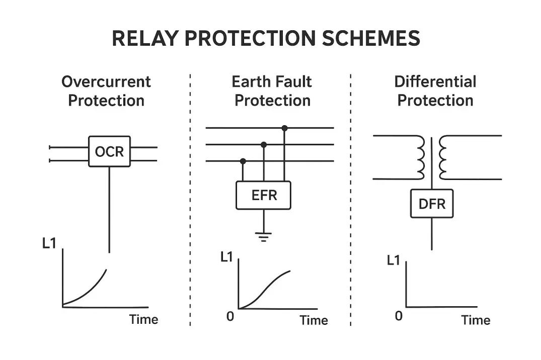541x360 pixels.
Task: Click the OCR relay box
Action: (x=109, y=151)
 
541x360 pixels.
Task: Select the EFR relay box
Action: (x=264, y=195)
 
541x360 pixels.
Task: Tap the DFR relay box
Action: (x=432, y=204)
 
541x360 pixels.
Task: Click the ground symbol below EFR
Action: (x=263, y=237)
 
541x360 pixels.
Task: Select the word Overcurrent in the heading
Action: (x=106, y=81)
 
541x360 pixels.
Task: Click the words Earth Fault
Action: (x=272, y=81)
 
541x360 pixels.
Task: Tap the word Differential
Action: (x=435, y=81)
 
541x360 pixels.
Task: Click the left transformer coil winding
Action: (x=419, y=156)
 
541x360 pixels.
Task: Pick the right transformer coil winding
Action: (x=443, y=156)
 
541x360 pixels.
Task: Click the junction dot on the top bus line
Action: (x=285, y=128)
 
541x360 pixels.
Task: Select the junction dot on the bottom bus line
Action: (x=243, y=161)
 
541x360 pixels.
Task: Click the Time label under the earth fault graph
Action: (x=314, y=320)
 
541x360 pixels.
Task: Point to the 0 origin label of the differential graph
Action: (x=399, y=316)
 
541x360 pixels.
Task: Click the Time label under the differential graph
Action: (x=476, y=320)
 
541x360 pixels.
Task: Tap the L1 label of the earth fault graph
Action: (x=227, y=256)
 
